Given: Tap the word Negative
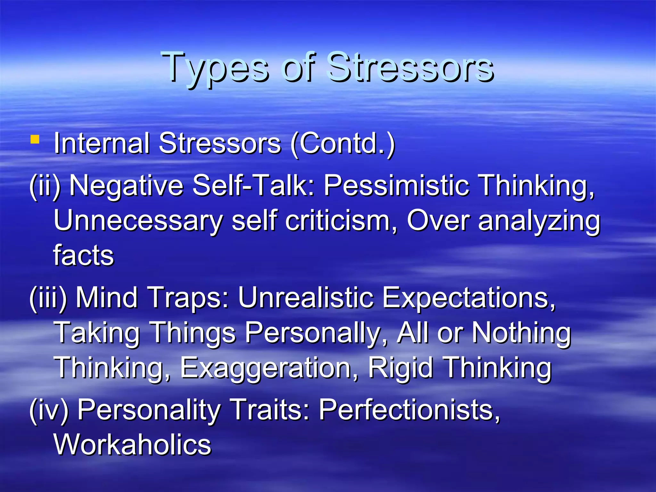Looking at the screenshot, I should coord(127,186).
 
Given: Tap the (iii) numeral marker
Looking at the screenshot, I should coord(48,298).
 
